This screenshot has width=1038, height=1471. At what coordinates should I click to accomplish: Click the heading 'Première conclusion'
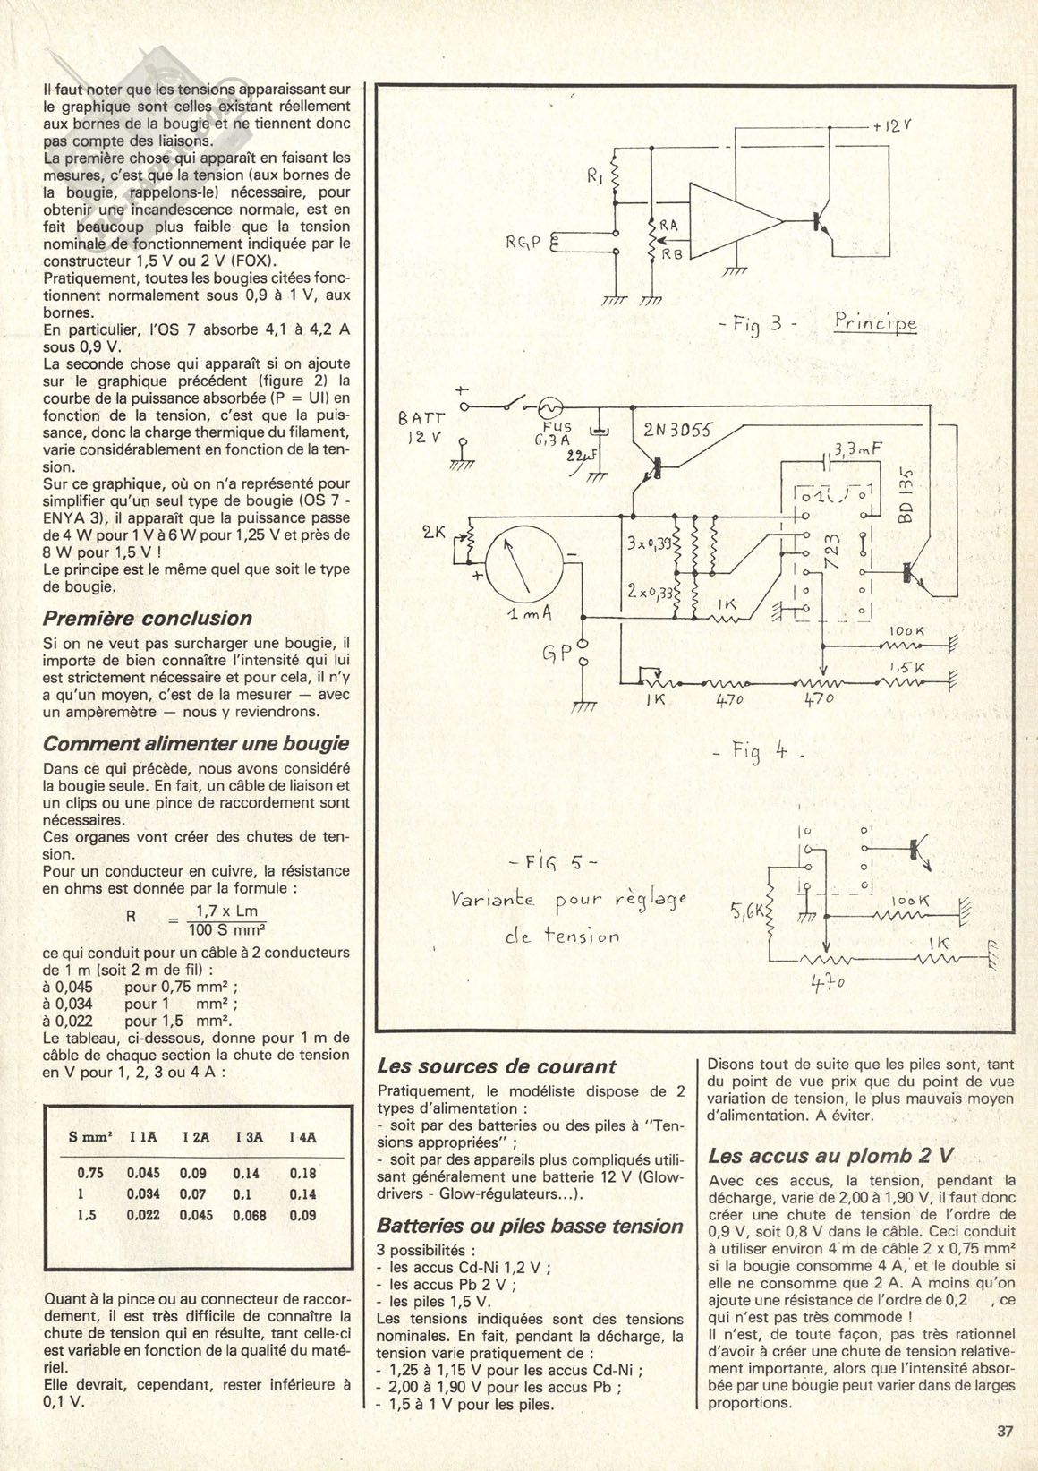point(148,619)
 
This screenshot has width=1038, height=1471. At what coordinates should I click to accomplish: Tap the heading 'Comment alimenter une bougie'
point(196,744)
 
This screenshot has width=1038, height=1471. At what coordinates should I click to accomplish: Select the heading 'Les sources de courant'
point(497,1066)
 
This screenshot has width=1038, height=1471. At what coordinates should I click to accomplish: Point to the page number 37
point(1004,1431)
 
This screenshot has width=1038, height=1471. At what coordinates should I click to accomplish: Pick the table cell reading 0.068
point(251,1215)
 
